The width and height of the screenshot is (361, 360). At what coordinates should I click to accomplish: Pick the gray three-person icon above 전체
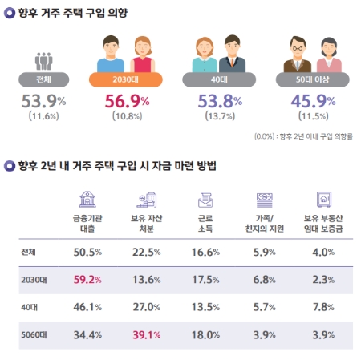coord(43,60)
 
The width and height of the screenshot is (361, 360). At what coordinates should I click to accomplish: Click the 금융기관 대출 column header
coord(86,222)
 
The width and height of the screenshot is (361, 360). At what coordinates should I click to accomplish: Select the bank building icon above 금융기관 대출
coord(86,199)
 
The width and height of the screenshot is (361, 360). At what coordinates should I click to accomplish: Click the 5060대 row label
coord(34,334)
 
